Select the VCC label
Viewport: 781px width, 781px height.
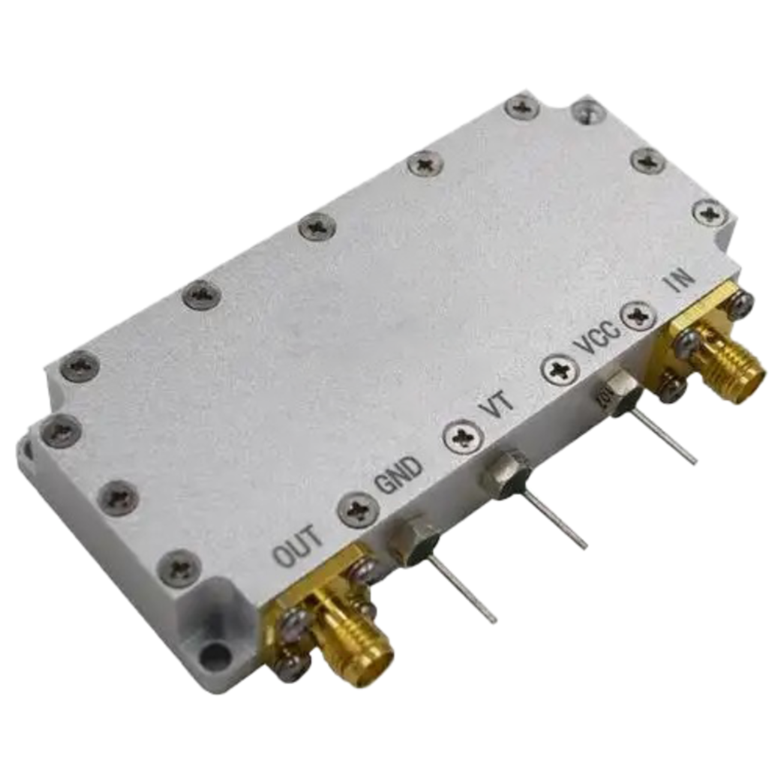point(596,338)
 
